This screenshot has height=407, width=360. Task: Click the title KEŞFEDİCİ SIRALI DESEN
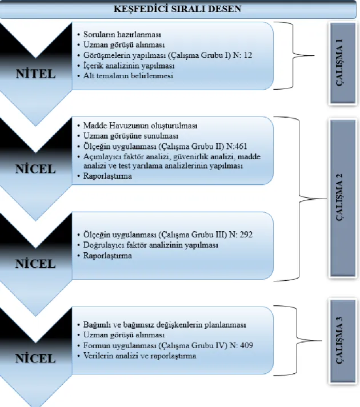click(x=178, y=9)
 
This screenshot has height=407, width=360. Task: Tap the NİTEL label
click(x=36, y=74)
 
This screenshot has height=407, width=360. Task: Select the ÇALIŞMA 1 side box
click(x=342, y=63)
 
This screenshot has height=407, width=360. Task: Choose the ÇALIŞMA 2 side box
click(x=342, y=198)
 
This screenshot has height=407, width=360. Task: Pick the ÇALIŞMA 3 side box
click(x=342, y=341)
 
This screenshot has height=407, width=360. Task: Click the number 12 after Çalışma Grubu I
click(x=248, y=55)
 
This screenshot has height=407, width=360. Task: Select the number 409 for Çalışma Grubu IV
click(x=246, y=345)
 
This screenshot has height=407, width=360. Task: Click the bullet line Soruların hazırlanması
click(x=122, y=34)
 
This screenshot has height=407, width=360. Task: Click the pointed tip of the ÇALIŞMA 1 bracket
click(x=314, y=55)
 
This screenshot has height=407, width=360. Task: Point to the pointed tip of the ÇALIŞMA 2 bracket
click(x=326, y=199)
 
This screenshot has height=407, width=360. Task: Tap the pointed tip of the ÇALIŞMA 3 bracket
click(x=322, y=341)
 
